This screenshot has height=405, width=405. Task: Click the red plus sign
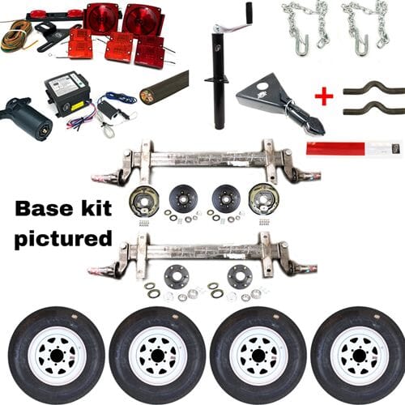[324, 97]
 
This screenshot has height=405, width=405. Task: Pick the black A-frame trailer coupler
[275, 105]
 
